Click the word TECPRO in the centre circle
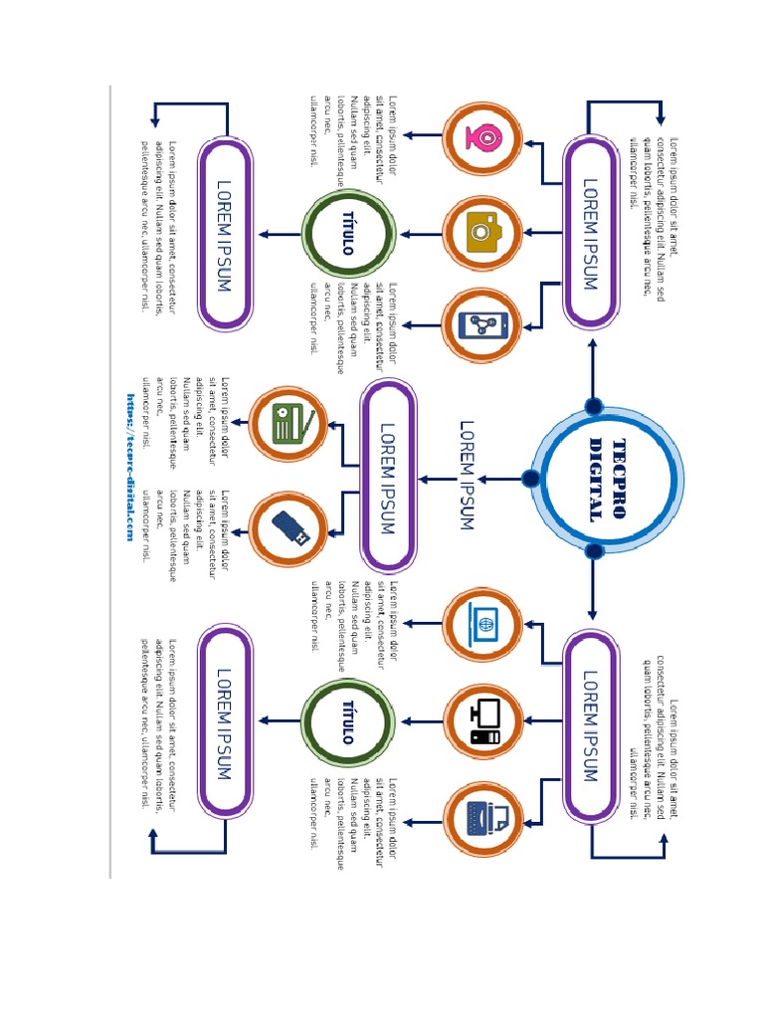tap(619, 479)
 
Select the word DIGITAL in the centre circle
tap(596, 479)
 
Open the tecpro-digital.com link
tap(129, 466)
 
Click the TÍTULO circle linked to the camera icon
tap(347, 233)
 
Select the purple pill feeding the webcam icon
tap(590, 233)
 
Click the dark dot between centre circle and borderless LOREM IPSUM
tap(530, 479)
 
